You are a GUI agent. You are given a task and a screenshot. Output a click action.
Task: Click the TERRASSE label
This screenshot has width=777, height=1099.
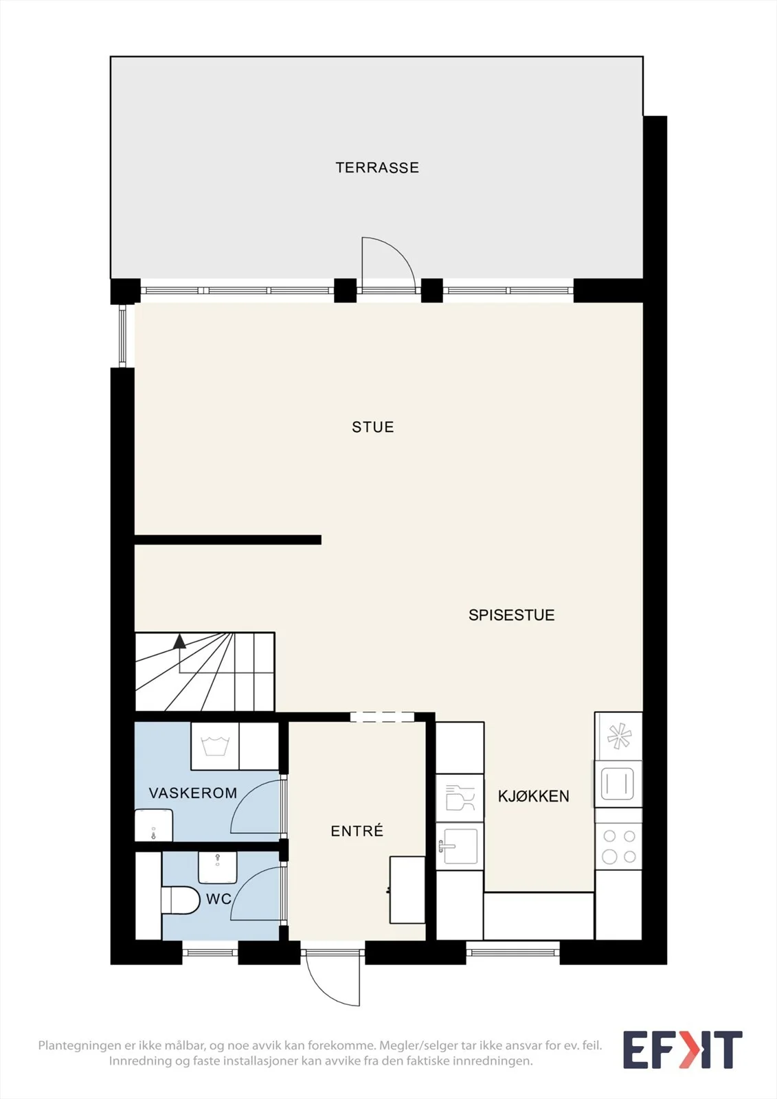377,168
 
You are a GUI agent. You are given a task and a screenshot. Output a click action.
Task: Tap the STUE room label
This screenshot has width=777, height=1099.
373,427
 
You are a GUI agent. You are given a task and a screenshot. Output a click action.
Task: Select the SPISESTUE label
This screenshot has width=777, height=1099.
511,615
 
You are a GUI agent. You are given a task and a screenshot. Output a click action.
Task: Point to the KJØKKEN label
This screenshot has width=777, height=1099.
534,796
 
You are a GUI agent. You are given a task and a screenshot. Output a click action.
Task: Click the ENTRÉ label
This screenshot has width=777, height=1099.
357,830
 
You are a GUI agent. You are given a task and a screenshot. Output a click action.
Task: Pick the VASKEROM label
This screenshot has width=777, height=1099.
193,793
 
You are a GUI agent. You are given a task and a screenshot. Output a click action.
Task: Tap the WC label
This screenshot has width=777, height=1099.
218,899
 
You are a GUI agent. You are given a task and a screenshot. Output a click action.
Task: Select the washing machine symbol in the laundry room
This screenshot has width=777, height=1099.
215,746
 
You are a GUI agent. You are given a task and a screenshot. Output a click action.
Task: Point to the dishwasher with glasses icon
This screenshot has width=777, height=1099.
460,798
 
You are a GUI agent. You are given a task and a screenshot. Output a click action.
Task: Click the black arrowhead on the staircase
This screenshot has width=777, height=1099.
179,642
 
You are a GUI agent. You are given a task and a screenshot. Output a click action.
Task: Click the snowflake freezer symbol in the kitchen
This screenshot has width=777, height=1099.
619,736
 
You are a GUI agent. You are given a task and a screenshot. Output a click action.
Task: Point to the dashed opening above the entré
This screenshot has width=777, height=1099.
383,717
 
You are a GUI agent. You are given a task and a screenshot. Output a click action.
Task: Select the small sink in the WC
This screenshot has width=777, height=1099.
218,868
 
